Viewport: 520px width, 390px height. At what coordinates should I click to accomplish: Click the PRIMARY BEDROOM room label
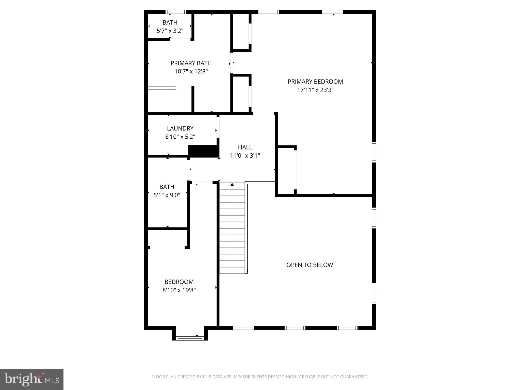pyautogui.click(x=315, y=82)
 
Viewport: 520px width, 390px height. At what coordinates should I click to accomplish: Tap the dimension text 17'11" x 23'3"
pyautogui.click(x=315, y=90)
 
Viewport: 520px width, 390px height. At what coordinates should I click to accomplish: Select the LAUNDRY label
pyautogui.click(x=180, y=128)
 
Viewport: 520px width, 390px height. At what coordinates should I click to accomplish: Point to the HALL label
pyautogui.click(x=245, y=147)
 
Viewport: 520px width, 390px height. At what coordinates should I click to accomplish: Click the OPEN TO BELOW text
pyautogui.click(x=310, y=265)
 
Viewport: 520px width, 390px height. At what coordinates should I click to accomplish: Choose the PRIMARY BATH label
pyautogui.click(x=191, y=63)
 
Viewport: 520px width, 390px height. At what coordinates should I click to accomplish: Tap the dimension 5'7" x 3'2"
pyautogui.click(x=170, y=31)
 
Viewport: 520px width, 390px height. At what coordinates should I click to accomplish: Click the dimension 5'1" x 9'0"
pyautogui.click(x=167, y=195)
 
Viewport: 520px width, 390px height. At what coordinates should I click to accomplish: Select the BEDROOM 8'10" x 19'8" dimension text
pyautogui.click(x=179, y=290)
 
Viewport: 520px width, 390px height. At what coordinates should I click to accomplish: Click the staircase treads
pyautogui.click(x=232, y=229)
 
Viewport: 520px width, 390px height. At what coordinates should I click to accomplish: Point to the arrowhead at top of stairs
pyautogui.click(x=232, y=184)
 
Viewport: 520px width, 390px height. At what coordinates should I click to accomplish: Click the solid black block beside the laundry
pyautogui.click(x=203, y=151)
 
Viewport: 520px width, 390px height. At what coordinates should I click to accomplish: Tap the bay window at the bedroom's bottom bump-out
pyautogui.click(x=190, y=338)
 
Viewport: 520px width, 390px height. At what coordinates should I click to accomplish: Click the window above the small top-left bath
pyautogui.click(x=176, y=12)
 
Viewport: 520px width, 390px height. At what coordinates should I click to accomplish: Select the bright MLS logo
pyautogui.click(x=32, y=380)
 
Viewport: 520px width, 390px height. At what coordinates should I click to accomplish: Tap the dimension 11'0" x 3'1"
pyautogui.click(x=245, y=156)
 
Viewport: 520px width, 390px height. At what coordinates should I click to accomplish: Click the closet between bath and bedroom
pyautogui.click(x=167, y=238)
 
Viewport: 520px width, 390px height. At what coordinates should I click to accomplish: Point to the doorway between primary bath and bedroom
pyautogui.click(x=232, y=63)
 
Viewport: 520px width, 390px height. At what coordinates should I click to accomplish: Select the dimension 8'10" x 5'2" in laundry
pyautogui.click(x=180, y=137)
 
